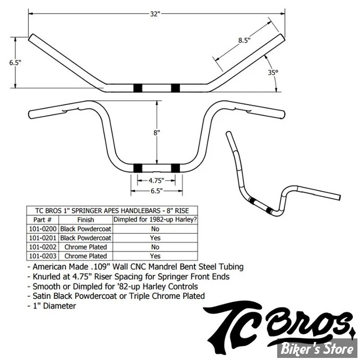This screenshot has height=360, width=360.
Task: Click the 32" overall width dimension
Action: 155,14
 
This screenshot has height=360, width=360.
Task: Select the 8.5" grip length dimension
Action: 244,41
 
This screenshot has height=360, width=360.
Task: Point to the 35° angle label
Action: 273,73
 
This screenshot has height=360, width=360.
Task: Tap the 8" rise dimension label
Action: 156,133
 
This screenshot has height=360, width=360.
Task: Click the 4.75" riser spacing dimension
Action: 156,181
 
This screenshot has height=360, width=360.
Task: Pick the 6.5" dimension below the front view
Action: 156,191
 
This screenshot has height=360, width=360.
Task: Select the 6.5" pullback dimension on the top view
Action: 15,62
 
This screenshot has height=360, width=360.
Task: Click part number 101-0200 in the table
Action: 43,229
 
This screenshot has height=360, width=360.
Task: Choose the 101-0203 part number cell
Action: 43,256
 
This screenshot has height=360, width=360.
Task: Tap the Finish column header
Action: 86,220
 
